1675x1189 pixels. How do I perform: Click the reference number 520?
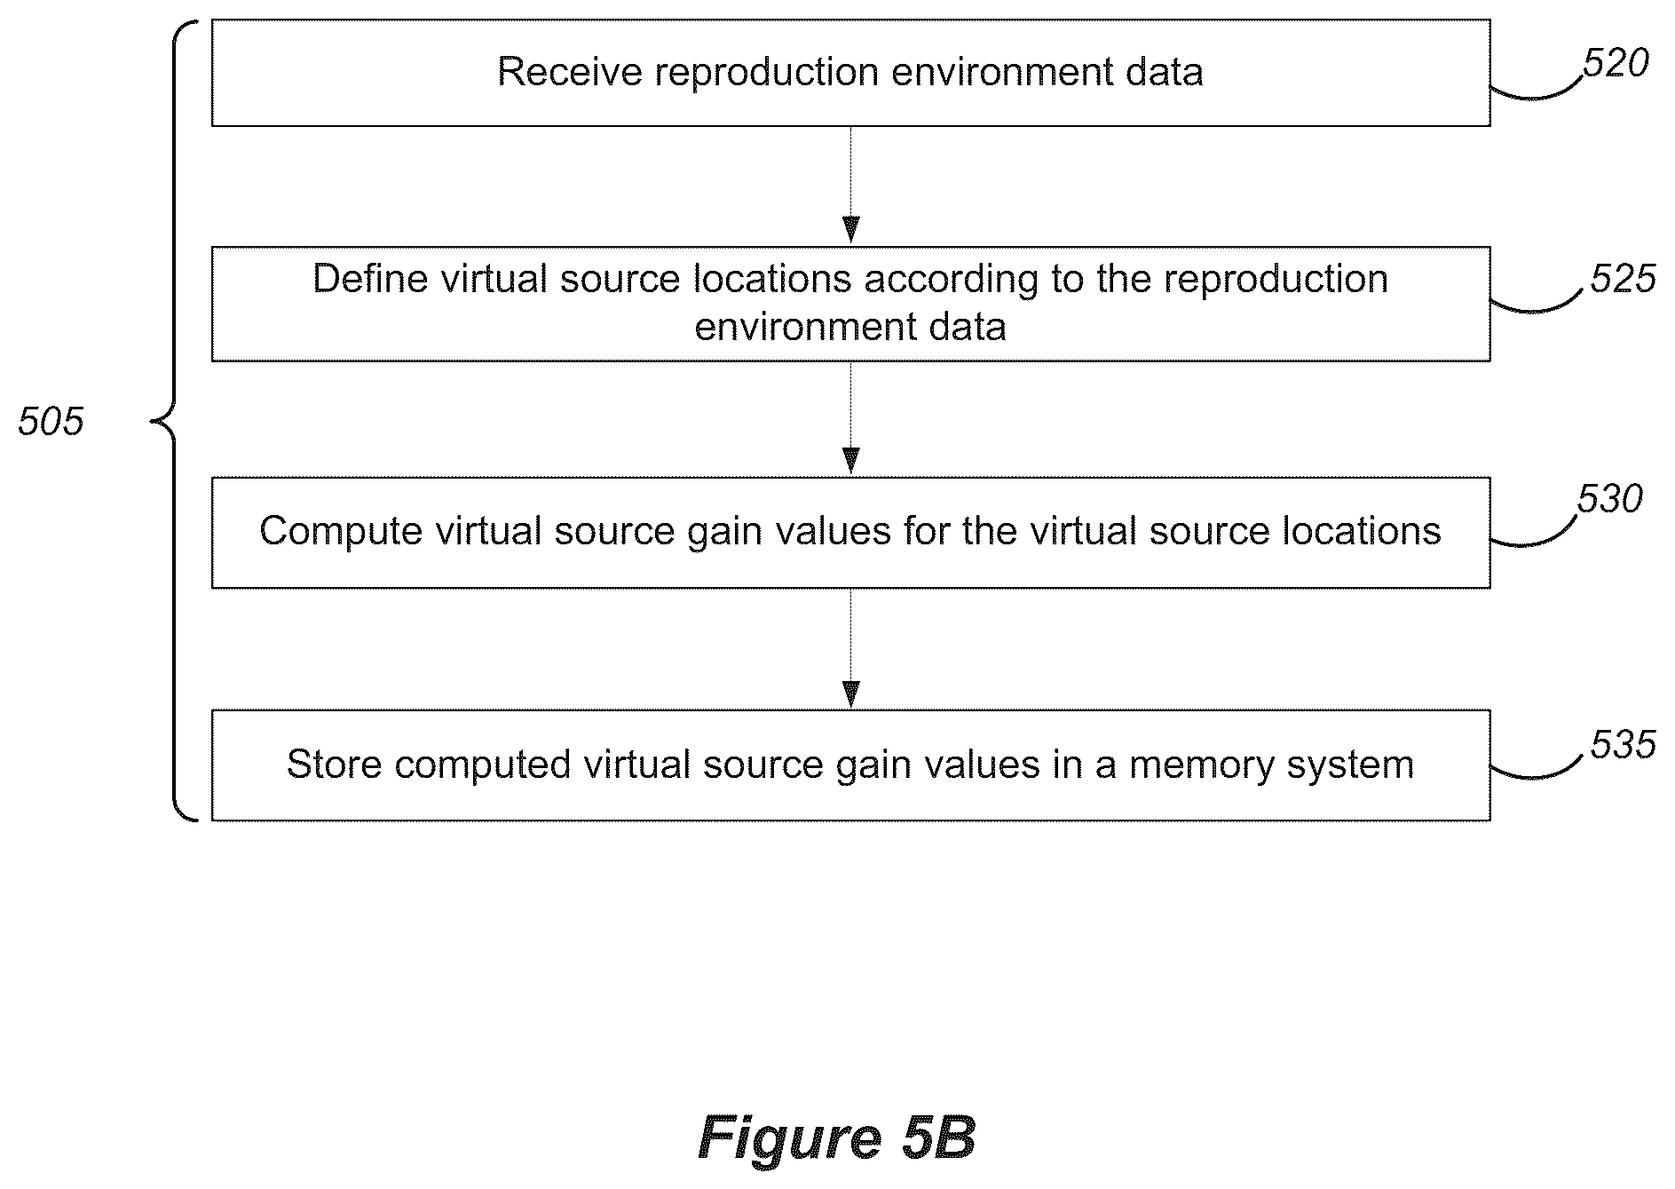(x=1616, y=64)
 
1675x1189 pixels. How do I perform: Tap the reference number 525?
(x=1623, y=279)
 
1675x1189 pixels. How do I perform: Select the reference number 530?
(x=1609, y=499)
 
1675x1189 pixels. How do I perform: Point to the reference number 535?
(x=1623, y=744)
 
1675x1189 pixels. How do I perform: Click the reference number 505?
(x=51, y=421)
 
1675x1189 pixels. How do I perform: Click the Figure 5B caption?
(x=837, y=1137)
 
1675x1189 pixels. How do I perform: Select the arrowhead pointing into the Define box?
(x=850, y=229)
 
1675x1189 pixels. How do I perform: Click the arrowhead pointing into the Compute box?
(x=850, y=461)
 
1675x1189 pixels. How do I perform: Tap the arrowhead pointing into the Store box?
(x=850, y=694)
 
